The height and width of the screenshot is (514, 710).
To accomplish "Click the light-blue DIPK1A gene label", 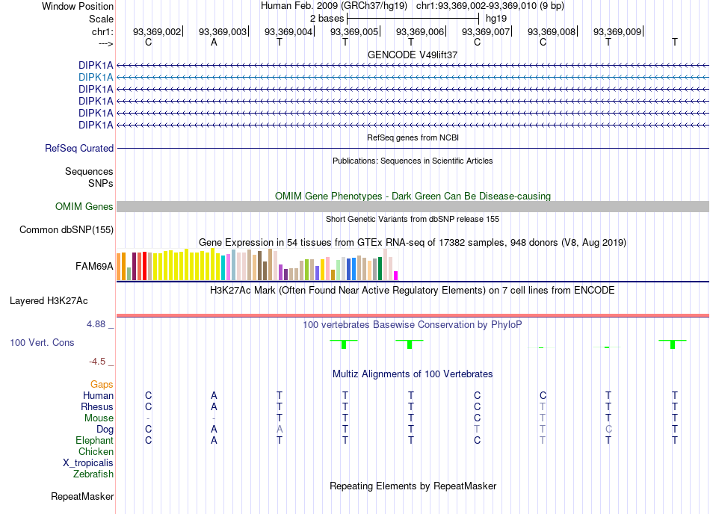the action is point(96,78).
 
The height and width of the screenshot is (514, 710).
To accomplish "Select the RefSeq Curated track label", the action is point(79,149).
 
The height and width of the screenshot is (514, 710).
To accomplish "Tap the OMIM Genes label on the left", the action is point(84,207).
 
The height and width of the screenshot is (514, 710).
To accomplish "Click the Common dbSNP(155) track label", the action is point(67,230).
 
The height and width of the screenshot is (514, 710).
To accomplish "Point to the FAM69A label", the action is point(94,267).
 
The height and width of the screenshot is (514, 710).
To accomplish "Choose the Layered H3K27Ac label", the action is point(49,301).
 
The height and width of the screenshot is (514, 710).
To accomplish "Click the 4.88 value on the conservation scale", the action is point(96,324).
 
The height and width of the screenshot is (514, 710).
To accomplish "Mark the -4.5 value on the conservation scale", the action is point(97,362).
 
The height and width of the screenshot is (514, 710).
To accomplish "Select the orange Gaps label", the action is point(102,385).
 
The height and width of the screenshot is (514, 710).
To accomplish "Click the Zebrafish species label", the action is point(93,474).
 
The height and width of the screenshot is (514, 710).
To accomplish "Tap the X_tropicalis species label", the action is point(88,463).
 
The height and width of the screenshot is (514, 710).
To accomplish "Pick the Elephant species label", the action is point(95,441).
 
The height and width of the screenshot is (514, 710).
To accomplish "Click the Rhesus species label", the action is point(97,406).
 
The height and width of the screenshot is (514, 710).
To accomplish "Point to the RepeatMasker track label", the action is point(82,497).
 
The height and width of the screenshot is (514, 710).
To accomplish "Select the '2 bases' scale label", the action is point(327,19).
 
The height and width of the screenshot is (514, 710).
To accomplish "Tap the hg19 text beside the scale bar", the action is point(496,19).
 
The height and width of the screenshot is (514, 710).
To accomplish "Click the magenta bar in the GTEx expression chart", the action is point(396,276).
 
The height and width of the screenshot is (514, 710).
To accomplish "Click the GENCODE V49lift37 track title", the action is point(413,55).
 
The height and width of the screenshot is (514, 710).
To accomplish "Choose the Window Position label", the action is point(78,6).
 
